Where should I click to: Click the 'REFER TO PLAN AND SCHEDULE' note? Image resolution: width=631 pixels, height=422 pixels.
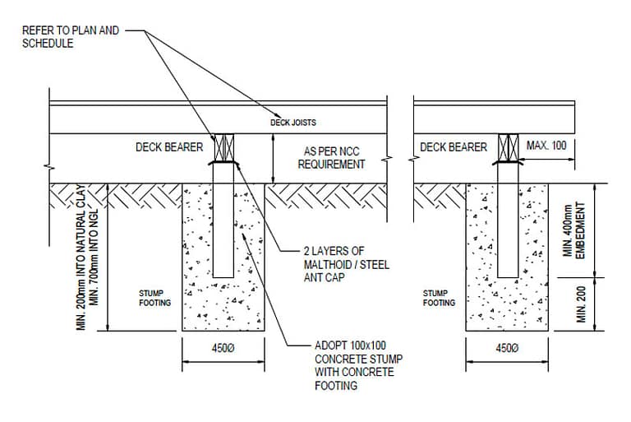71,37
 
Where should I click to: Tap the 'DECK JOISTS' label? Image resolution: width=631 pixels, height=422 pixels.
293,123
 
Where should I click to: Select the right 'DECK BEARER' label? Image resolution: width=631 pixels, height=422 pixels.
454,147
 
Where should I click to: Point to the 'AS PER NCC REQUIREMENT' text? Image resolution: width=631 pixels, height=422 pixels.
334,158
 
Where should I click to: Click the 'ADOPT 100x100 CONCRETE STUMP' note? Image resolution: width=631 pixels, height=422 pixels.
354,364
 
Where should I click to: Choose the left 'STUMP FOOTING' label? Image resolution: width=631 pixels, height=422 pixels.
154,297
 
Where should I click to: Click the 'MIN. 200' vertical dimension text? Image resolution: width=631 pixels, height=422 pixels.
582,304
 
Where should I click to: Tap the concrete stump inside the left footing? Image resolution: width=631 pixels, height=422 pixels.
223,222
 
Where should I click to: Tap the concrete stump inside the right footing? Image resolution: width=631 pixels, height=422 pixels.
508,222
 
